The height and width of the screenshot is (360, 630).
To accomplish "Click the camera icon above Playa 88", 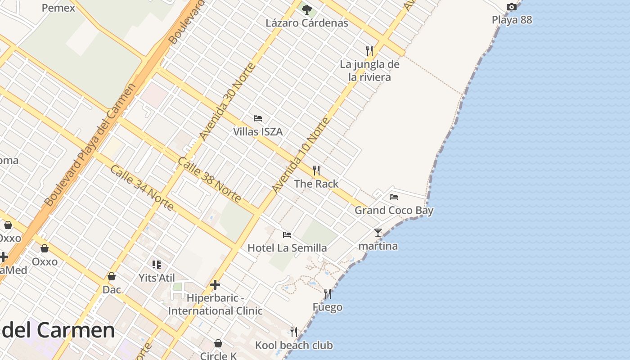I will click(512, 7).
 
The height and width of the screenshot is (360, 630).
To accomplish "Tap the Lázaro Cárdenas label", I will click(307, 23).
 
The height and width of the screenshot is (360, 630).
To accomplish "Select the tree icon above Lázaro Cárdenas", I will click(307, 9).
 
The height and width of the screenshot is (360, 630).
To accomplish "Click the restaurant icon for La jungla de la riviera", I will click(369, 50).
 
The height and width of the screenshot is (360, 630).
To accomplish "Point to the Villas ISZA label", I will click(258, 132).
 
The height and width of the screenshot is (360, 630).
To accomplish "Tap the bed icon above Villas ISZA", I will click(258, 118).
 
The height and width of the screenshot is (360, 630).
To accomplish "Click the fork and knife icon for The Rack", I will click(316, 170).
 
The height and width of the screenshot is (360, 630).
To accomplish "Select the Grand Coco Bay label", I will click(394, 210).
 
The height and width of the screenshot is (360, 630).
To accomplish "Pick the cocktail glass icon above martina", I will click(378, 233).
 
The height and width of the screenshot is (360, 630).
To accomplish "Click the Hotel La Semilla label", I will click(287, 248).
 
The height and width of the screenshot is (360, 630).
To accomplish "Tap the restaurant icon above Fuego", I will click(328, 294).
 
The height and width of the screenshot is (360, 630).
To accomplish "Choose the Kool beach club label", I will click(294, 345).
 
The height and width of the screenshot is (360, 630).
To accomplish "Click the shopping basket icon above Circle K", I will click(218, 343).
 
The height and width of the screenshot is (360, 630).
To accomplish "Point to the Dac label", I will click(112, 289).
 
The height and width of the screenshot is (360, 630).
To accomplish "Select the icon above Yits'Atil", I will click(157, 264).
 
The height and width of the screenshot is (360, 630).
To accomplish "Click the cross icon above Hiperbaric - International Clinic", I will click(215, 285).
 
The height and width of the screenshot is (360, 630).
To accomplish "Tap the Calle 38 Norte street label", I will click(209, 180).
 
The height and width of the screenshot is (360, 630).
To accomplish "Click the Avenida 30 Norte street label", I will click(227, 101).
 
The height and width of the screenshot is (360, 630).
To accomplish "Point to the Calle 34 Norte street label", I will click(142, 188).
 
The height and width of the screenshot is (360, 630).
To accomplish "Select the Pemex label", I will click(58, 8).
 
